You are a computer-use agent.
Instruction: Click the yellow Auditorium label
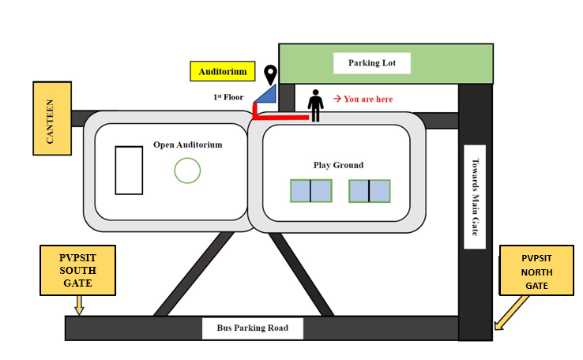tap(222, 71)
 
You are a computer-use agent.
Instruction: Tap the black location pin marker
tap(270, 75)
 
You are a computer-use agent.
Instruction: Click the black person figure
tap(315, 106)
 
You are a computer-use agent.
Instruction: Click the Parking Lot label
tap(372, 63)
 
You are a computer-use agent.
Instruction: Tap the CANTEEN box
tap(52, 118)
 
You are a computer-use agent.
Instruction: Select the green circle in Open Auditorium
tap(187, 158)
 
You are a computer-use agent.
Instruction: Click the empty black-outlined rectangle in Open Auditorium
tap(115, 171)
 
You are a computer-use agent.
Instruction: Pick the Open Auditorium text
tap(188, 144)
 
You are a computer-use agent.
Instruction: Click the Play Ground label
tap(338, 165)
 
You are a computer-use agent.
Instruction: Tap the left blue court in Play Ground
tap(310, 191)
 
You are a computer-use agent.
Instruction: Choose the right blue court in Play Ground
tap(369, 191)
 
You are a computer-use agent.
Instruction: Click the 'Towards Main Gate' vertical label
tap(475, 197)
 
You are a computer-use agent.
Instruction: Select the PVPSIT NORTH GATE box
tap(536, 271)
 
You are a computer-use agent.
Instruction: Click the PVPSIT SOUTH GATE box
tap(77, 271)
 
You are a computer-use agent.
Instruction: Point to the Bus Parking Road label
tap(253, 328)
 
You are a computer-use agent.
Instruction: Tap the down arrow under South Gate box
tap(79, 306)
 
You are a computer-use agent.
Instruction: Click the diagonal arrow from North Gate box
tap(511, 313)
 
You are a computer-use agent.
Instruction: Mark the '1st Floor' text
tap(228, 97)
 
